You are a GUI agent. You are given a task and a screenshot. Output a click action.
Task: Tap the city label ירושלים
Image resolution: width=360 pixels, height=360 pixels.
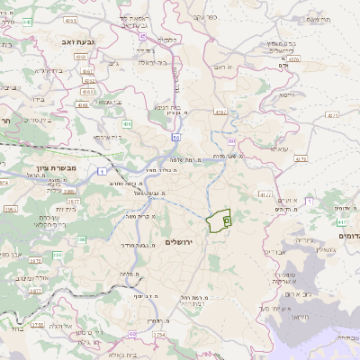[x=180, y=242]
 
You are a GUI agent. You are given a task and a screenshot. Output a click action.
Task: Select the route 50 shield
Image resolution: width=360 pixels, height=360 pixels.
[x=176, y=137]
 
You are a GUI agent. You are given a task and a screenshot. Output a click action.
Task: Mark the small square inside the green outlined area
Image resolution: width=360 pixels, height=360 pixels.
[x=226, y=219]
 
